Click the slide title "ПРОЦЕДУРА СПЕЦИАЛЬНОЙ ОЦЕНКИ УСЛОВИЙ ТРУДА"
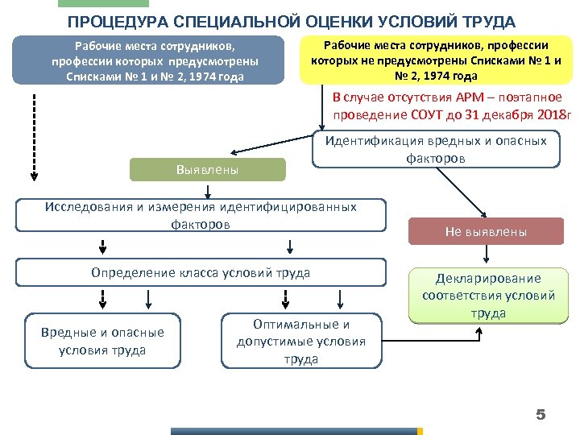(292, 21)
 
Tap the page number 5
(541, 415)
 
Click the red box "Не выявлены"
(486, 232)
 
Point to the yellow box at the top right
(436, 60)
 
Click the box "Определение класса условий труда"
(201, 273)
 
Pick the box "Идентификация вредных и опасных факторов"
(436, 149)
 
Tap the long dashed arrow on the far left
(34, 133)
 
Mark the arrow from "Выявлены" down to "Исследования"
(208, 190)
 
